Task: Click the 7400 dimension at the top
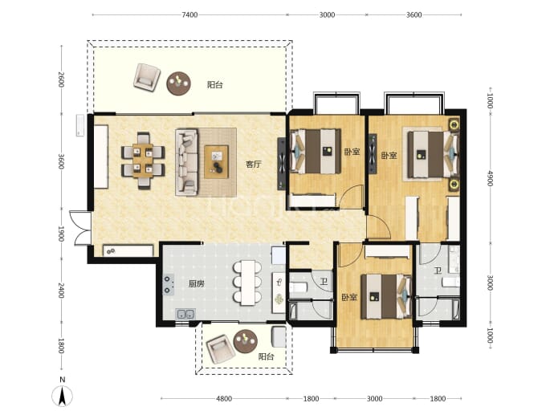(x=189, y=14)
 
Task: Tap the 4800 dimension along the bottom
(x=224, y=399)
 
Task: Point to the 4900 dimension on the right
(x=490, y=178)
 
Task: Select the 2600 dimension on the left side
(x=61, y=79)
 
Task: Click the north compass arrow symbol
(x=62, y=396)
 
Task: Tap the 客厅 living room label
(x=254, y=165)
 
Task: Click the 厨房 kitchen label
(x=196, y=283)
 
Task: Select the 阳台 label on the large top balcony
(x=215, y=85)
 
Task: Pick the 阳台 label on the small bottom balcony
(x=266, y=356)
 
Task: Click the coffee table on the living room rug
(x=217, y=162)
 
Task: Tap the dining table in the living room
(x=143, y=161)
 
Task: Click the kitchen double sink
(x=185, y=314)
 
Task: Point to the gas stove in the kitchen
(x=168, y=285)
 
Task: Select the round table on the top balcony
(x=179, y=83)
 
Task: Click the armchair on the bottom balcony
(x=221, y=348)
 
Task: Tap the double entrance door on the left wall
(x=80, y=228)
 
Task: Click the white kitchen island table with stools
(x=247, y=283)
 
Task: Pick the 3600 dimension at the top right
(x=413, y=14)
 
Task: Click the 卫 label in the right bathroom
(x=438, y=271)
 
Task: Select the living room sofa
(x=186, y=162)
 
